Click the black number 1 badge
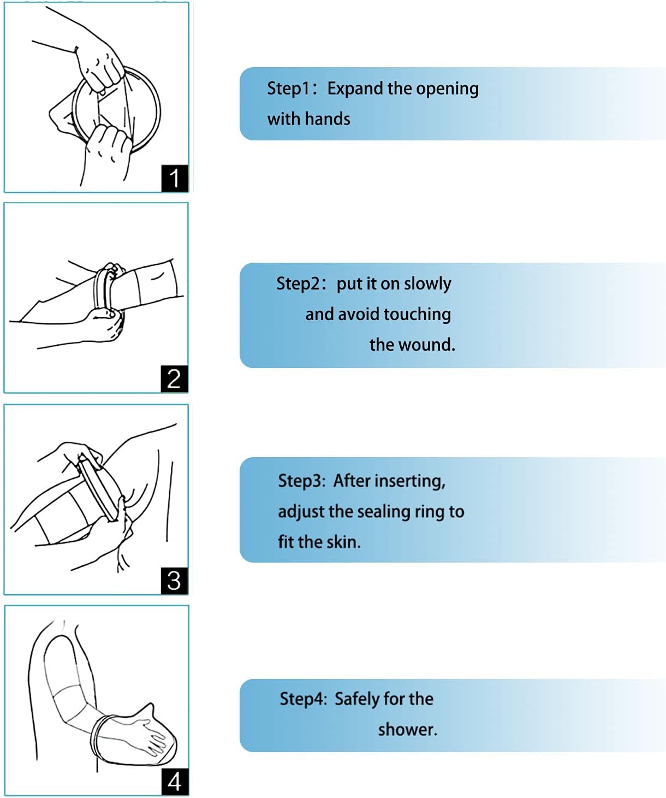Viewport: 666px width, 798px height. point(175,178)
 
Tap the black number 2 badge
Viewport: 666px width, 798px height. point(175,379)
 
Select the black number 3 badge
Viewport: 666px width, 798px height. point(175,581)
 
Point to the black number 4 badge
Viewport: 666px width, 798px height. point(175,782)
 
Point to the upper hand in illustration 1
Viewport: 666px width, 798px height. point(101,63)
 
